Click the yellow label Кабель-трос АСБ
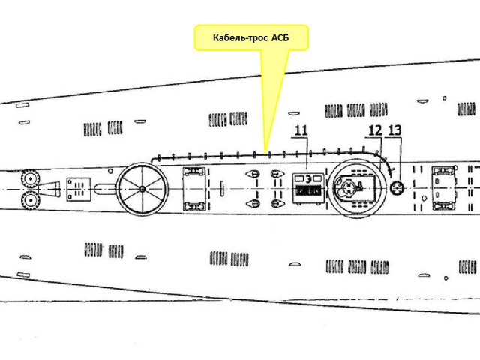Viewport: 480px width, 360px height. pyautogui.click(x=251, y=37)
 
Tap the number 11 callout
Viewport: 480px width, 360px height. pyautogui.click(x=301, y=130)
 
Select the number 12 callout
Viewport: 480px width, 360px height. pyautogui.click(x=375, y=130)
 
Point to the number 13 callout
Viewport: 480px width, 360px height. pyautogui.click(x=395, y=130)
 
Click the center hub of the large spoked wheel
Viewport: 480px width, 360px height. pyautogui.click(x=142, y=188)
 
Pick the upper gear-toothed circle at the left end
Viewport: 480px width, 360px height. pyautogui.click(x=31, y=179)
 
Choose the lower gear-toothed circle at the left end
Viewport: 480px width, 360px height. pyautogui.click(x=31, y=200)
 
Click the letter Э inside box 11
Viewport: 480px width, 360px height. pyautogui.click(x=298, y=179)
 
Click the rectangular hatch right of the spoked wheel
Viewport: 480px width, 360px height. pyautogui.click(x=196, y=189)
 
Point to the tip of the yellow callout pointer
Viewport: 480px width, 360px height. pyautogui.click(x=265, y=149)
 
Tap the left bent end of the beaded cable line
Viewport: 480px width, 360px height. pyautogui.click(x=152, y=160)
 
